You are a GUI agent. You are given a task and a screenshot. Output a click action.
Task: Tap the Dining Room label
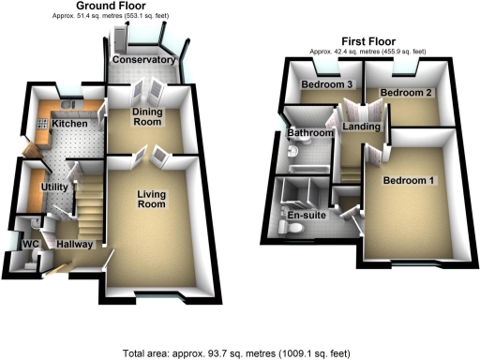(147, 116)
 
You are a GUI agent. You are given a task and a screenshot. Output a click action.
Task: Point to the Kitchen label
(69, 124)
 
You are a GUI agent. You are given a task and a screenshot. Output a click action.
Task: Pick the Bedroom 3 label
(325, 84)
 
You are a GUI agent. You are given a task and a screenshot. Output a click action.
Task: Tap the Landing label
(360, 127)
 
